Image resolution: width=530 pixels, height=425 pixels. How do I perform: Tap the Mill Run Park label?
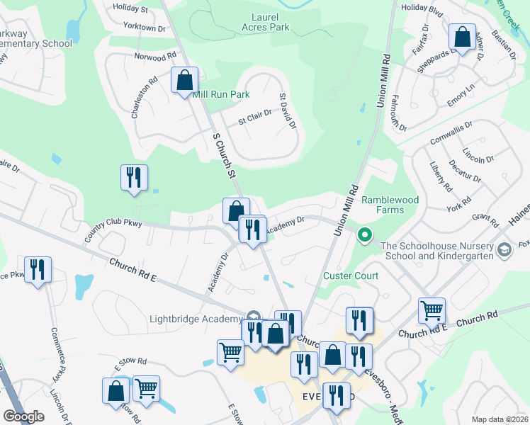click(222, 93)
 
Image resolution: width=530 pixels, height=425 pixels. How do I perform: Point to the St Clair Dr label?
click(254, 120)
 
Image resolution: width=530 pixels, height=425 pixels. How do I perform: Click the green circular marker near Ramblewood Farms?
click(365, 234)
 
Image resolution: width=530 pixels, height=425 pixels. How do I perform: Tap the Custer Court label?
click(351, 276)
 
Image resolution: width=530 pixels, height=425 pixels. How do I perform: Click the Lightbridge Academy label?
click(196, 319)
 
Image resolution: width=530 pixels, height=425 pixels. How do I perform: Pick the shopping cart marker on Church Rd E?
click(432, 310)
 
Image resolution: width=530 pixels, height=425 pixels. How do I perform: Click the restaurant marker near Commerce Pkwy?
click(38, 269)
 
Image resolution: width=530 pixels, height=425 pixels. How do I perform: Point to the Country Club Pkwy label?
click(113, 231)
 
